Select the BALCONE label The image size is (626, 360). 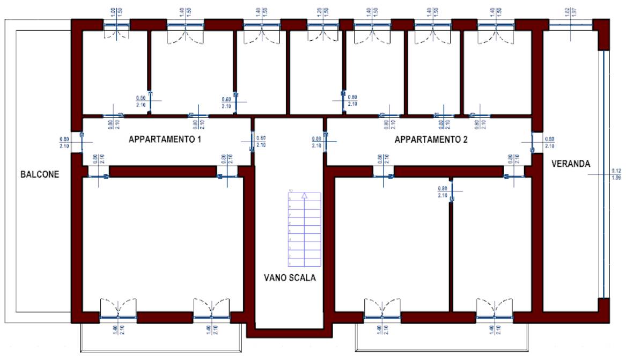(39, 174)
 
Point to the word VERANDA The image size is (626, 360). (571, 164)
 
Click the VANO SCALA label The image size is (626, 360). (290, 278)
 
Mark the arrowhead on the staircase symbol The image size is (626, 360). (304, 196)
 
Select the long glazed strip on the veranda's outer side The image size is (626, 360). (603, 174)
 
